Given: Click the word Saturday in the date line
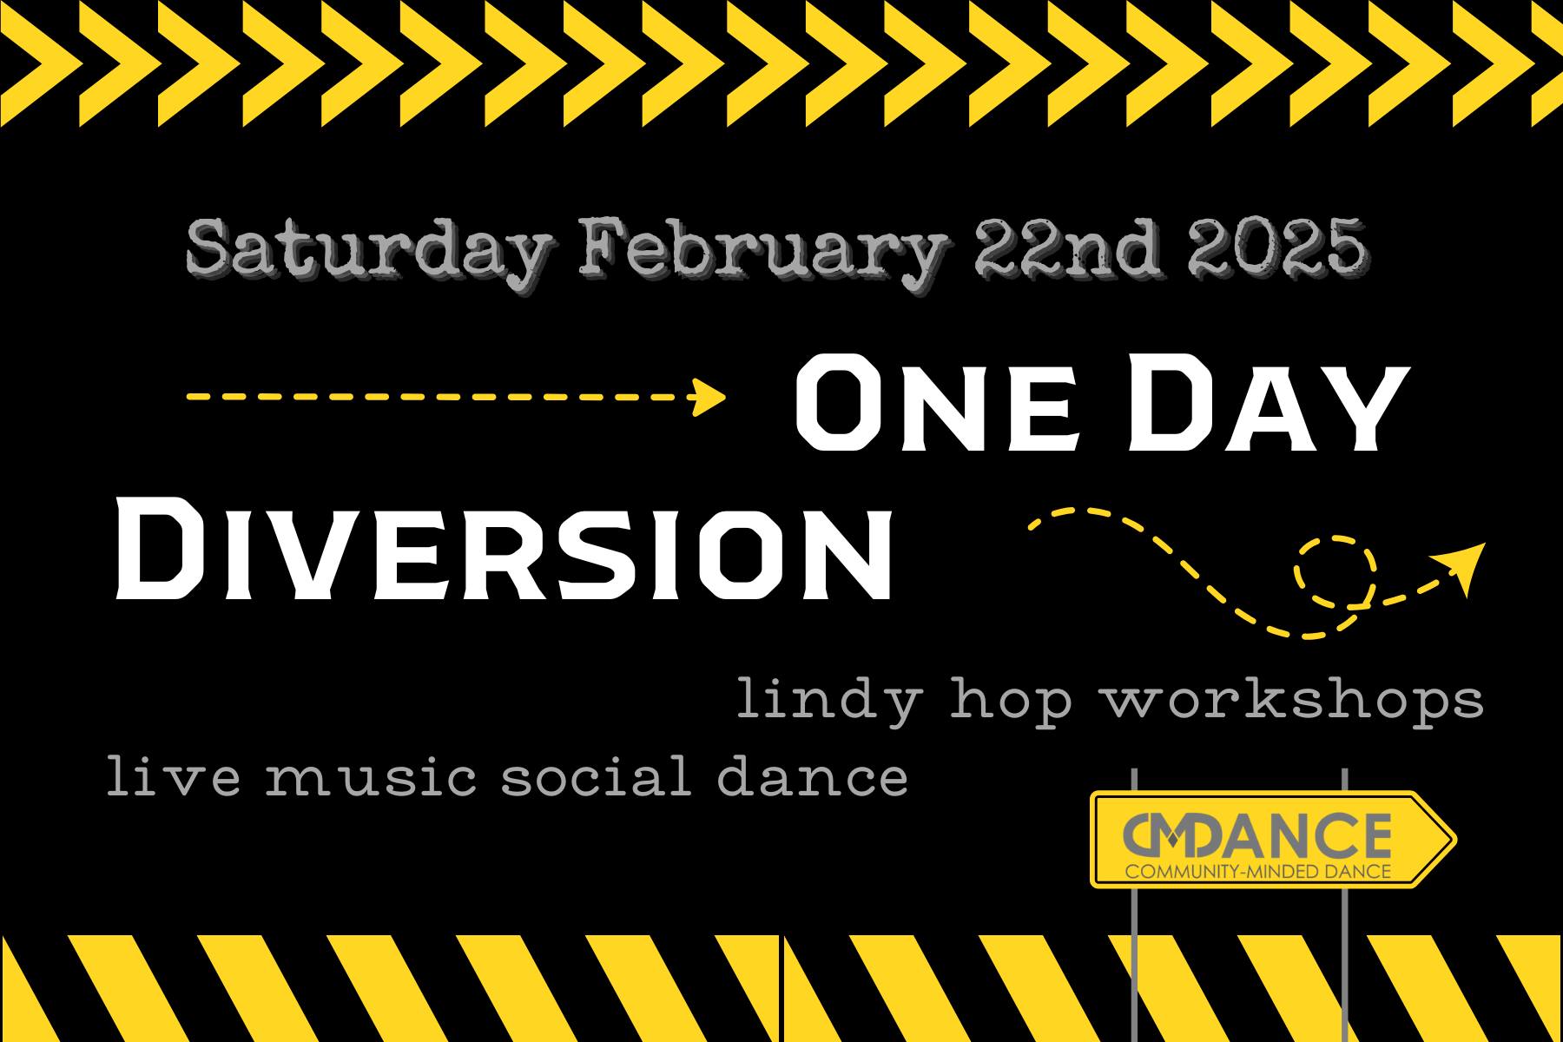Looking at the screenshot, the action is point(366,251).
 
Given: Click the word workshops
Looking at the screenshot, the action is point(1294,699).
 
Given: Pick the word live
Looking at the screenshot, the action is point(172,775).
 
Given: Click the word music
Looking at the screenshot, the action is point(371,775).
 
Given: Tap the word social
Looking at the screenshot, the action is point(597,775).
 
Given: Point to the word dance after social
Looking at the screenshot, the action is point(812,775).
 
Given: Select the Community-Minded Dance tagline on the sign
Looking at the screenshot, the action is point(1258,870).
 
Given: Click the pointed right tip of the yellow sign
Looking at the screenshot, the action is point(1455,839).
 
